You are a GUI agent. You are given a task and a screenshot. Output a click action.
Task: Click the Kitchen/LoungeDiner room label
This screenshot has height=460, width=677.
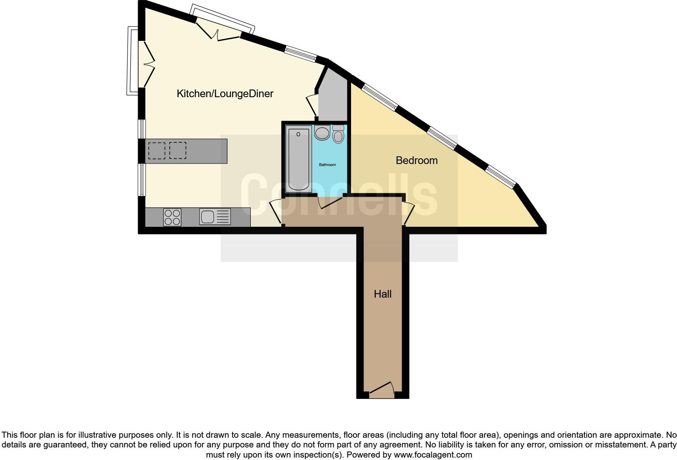225,94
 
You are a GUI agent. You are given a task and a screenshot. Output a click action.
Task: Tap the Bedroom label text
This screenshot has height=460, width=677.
417,160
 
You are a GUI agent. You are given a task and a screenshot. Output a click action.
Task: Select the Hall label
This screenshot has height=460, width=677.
383,294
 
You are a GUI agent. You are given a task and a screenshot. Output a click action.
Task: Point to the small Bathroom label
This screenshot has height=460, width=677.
327,165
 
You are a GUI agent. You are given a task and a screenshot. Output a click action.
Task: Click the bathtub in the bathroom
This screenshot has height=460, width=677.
298,160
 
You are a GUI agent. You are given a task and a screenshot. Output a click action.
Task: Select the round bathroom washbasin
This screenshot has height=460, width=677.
322,132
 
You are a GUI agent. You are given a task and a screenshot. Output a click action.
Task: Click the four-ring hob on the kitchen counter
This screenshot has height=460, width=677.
172,217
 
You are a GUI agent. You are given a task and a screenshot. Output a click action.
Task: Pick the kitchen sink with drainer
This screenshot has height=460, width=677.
215,217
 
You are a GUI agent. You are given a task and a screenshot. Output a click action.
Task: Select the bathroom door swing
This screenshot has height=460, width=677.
330,202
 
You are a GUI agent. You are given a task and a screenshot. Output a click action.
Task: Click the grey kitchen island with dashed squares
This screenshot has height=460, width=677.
187,151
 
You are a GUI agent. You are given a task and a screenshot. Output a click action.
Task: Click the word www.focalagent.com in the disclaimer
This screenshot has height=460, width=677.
433,455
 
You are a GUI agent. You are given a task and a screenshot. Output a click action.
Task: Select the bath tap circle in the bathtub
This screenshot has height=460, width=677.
298,134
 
